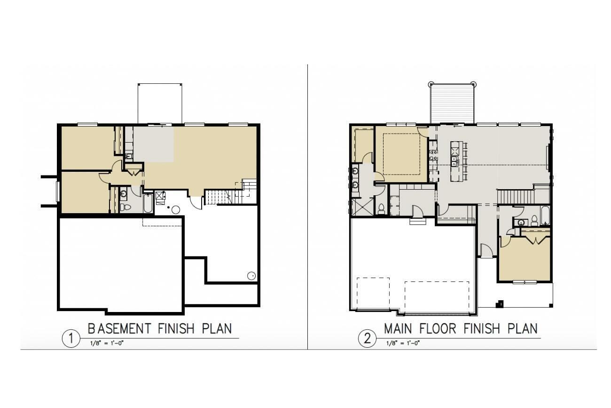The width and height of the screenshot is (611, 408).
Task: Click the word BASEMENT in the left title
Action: pyautogui.click(x=119, y=328)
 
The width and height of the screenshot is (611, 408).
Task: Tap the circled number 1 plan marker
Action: pyautogui.click(x=71, y=339)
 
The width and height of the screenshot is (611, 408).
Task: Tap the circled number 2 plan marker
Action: pyautogui.click(x=367, y=339)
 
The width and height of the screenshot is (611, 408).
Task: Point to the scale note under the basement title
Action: pyautogui.click(x=107, y=343)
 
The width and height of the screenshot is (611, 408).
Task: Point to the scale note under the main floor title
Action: pyautogui.click(x=403, y=343)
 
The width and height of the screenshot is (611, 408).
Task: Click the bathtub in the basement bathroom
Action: pyautogui.click(x=148, y=203)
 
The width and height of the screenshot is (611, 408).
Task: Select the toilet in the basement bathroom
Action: pyautogui.click(x=125, y=207)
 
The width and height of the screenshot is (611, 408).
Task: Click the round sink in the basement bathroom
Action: pyautogui.click(x=124, y=194)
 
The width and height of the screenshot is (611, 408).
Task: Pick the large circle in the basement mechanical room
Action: pyautogui.click(x=175, y=210)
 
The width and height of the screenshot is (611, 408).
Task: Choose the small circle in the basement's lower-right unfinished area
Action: pyautogui.click(x=251, y=276)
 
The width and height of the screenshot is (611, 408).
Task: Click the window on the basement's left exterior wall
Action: pyautogui.click(x=57, y=192)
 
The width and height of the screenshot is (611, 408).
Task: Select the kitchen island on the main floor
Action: pyautogui.click(x=454, y=161)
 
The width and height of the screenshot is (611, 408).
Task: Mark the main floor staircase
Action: pyautogui.click(x=516, y=197)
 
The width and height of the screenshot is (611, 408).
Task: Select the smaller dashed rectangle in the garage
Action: pyautogui.click(x=373, y=294)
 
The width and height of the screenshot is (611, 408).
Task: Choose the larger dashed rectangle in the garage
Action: pyautogui.click(x=437, y=297)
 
